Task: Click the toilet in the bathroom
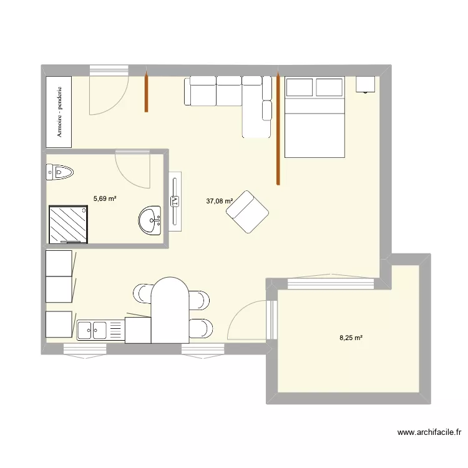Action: coord(59,172)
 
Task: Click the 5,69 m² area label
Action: coord(105,198)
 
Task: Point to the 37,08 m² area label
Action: coord(219,201)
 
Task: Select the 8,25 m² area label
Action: coord(351,338)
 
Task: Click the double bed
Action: coord(314,117)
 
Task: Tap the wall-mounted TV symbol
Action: coord(175,201)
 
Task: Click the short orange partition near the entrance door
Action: coord(146,92)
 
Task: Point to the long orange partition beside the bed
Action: coord(278,128)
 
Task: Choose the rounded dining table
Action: coord(170,310)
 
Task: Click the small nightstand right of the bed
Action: coord(365,84)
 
